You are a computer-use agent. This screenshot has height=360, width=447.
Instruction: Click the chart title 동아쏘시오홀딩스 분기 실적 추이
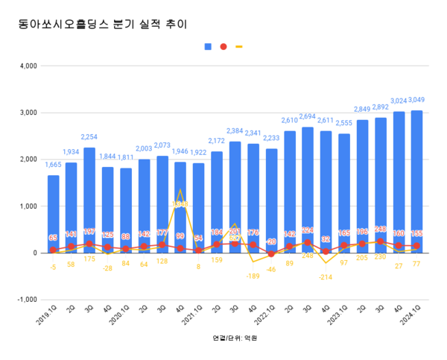(103, 25)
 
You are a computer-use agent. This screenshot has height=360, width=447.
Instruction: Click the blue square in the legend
(209, 46)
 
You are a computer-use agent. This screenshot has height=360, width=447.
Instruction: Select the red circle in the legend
(223, 46)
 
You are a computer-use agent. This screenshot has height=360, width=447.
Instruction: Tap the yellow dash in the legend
(238, 46)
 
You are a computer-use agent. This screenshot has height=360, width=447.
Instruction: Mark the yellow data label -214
(326, 277)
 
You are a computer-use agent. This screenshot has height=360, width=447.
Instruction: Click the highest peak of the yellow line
(180, 190)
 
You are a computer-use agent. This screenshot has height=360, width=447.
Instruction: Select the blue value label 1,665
(54, 165)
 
